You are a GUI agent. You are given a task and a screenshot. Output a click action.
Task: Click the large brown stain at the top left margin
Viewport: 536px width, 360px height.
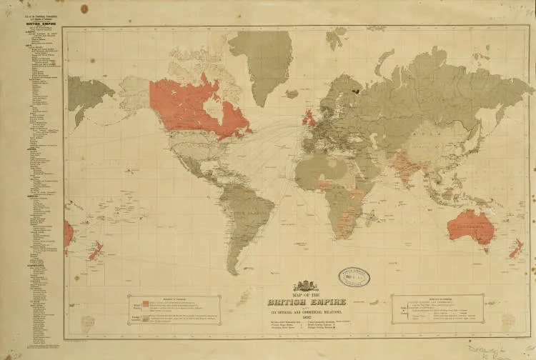[84, 9]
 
